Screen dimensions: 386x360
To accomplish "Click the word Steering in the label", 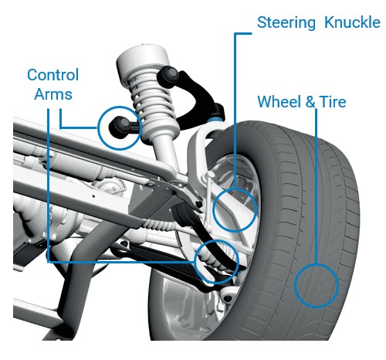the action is tap(286, 23).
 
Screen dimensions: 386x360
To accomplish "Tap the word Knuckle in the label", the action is tap(352, 22).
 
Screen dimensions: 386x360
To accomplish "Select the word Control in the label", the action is tap(53, 75).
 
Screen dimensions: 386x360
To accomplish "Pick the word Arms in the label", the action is tap(53, 94).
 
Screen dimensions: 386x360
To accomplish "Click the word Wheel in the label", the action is tap(279, 101).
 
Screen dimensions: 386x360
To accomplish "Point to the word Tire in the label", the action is tap(333, 101).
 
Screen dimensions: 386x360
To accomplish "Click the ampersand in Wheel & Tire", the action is tap(310, 102).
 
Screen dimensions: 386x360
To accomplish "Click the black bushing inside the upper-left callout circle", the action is tap(121, 127).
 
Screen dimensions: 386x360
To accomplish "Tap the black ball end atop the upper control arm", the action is tap(168, 75).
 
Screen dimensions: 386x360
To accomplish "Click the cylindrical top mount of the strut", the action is tap(141, 59).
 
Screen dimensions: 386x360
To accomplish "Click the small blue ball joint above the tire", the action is tap(215, 120).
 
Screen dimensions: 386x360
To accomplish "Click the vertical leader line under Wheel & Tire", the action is tap(317, 186).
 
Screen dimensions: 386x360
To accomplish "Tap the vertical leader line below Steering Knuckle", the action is tap(235, 110).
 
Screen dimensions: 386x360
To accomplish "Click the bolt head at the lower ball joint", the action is tap(228, 299).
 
